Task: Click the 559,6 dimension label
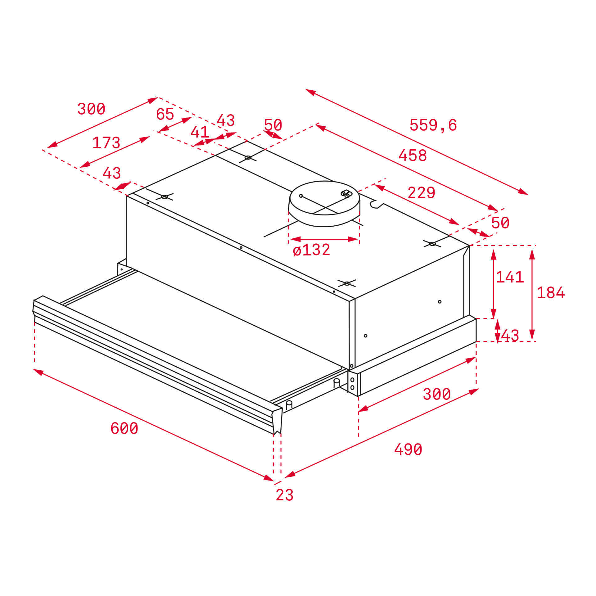coord(433,125)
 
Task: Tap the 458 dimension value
coord(412,155)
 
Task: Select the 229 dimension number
coord(421,192)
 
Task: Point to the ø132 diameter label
coord(311,250)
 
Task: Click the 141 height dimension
coord(510,277)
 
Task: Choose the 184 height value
coord(551,293)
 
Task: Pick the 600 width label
coord(124,428)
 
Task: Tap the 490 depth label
coord(408,449)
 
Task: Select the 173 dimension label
coord(106,143)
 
